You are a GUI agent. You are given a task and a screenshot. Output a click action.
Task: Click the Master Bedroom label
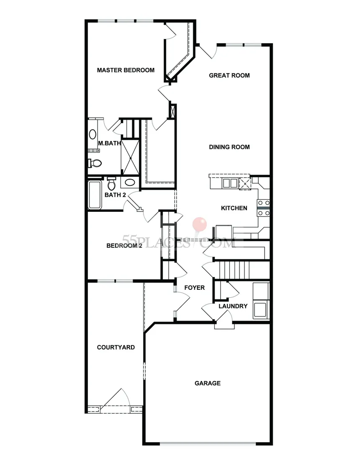point(126,70)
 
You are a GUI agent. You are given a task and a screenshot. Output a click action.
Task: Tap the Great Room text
point(229,75)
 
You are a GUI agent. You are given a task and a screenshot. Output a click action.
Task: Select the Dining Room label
point(229,147)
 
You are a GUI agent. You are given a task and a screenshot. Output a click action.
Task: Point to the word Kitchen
point(234,208)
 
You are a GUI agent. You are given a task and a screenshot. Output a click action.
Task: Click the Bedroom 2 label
point(124,246)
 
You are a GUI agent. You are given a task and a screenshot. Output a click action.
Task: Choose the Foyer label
point(195,288)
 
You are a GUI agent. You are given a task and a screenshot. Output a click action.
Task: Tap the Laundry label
point(233,306)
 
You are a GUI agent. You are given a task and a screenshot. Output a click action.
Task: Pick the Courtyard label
point(116,347)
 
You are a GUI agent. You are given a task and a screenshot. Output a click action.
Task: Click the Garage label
point(208,383)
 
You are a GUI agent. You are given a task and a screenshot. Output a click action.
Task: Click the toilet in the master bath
point(94,163)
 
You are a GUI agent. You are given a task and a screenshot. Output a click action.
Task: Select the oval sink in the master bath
point(92,134)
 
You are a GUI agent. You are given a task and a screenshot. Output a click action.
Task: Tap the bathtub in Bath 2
point(95,195)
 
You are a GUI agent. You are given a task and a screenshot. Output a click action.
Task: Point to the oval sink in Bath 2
point(130,183)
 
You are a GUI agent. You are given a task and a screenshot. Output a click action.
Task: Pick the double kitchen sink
point(229,183)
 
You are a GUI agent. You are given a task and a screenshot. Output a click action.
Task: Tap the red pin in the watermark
point(201,223)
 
